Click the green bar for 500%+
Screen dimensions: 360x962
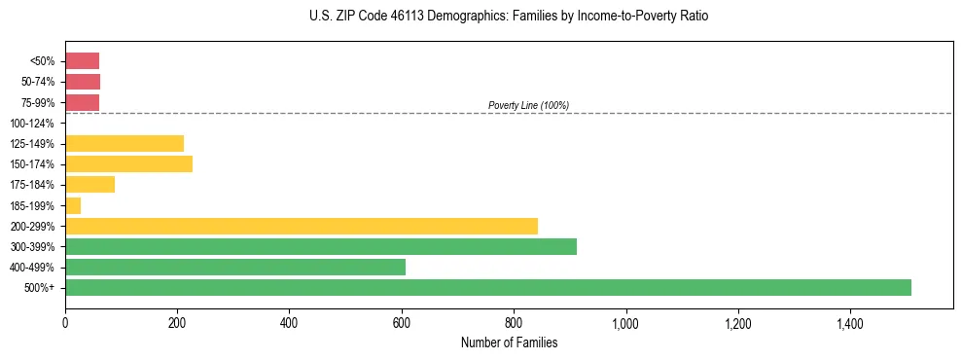click(x=487, y=287)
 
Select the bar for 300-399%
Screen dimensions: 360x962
click(x=321, y=246)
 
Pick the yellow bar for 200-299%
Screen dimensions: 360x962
click(x=302, y=226)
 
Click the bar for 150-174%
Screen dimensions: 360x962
click(x=128, y=163)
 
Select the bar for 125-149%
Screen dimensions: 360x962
click(x=125, y=144)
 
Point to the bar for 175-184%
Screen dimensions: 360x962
click(x=89, y=185)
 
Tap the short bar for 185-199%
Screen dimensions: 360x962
click(x=73, y=205)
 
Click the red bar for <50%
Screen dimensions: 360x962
click(x=82, y=61)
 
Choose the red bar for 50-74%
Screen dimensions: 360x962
click(x=83, y=82)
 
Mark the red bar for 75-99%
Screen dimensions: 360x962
click(x=82, y=102)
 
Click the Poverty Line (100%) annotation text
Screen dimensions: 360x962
click(x=528, y=105)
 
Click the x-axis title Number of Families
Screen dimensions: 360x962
click(x=509, y=342)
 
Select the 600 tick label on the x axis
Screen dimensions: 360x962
click(x=401, y=322)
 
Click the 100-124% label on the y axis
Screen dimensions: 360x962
click(x=32, y=124)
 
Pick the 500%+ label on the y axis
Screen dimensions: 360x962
click(x=40, y=288)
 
